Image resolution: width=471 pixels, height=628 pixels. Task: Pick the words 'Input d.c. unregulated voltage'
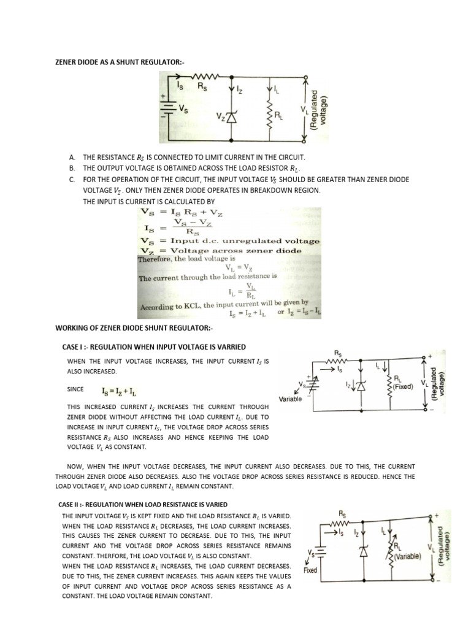pyautogui.click(x=245, y=241)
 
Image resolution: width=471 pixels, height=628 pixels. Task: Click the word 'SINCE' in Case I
pyautogui.click(x=75, y=389)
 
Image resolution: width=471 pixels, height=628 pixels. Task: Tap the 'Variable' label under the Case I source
pyautogui.click(x=291, y=399)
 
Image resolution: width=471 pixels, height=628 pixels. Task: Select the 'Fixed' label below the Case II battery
pyautogui.click(x=310, y=570)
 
